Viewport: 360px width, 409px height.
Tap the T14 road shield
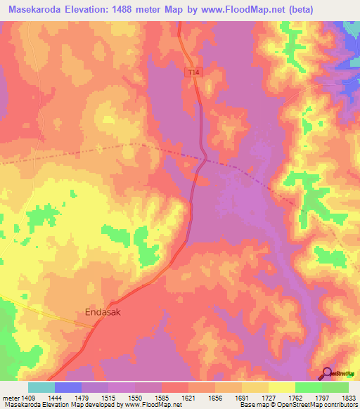(x=193, y=72)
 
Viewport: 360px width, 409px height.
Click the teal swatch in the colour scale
(x=41, y=387)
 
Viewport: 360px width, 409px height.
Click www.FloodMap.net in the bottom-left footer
(x=147, y=405)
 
